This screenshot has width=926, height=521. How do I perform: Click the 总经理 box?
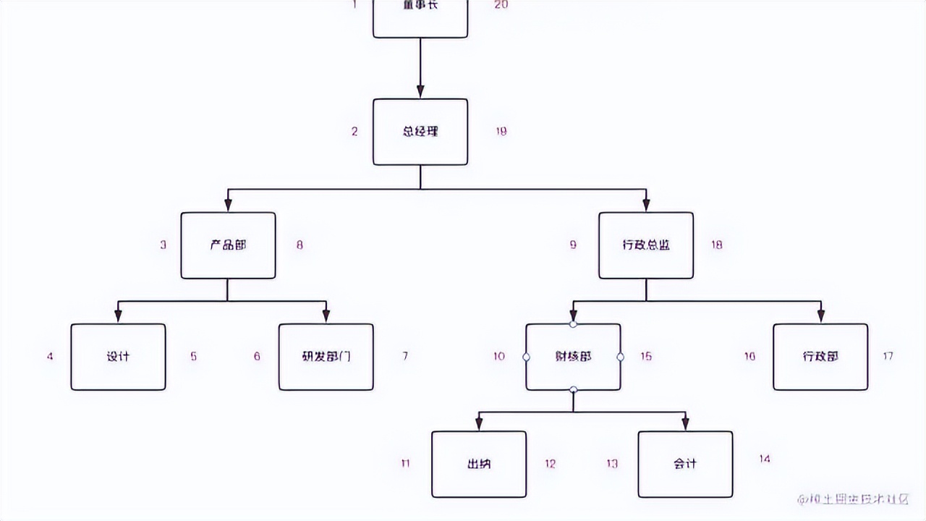pos(420,132)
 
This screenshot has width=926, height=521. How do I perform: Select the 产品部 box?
pos(228,245)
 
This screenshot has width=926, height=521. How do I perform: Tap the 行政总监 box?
pos(646,245)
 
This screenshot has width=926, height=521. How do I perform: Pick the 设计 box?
pos(118,357)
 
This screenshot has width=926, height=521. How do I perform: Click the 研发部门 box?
pos(326,357)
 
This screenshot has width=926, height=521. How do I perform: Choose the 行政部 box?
pos(820,357)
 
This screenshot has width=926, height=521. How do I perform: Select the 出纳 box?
pos(479,464)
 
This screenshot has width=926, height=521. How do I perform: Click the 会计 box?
pos(685,464)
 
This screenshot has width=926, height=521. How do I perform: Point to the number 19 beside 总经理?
pos(501,131)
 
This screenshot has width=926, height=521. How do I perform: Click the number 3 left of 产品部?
pos(163,245)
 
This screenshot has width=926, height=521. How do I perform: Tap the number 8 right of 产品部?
pos(300,245)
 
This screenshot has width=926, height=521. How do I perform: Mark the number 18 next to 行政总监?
pos(716,245)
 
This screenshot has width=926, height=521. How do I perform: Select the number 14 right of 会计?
pos(765,458)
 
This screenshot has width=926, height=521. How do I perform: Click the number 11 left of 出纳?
pos(405,463)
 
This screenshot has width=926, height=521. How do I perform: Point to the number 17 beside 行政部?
pos(888,356)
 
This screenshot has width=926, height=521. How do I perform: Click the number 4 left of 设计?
pos(50,356)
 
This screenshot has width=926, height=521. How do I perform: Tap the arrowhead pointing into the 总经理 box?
pos(420,92)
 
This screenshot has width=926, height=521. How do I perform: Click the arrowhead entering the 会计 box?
pos(685,424)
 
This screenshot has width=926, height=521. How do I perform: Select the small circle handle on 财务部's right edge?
pos(620,357)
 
